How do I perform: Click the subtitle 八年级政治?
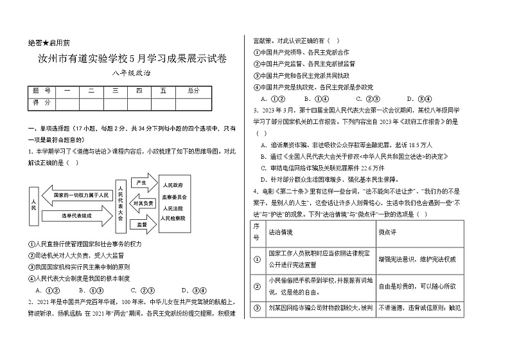click(x=128, y=75)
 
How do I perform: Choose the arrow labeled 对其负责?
click(x=143, y=203)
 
